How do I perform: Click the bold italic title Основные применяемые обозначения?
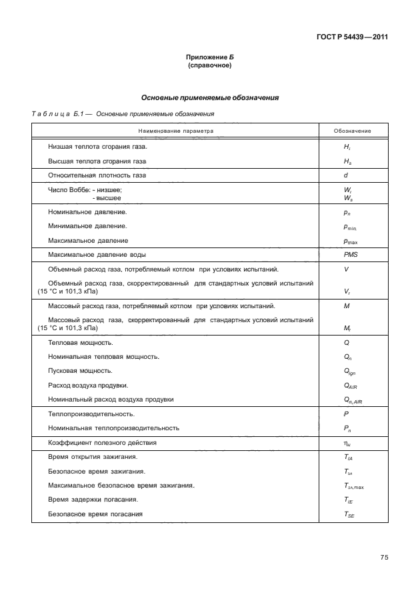tap(209, 97)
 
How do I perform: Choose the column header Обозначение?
tap(353, 131)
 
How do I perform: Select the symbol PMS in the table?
tap(349, 255)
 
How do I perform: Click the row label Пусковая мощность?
tap(80, 370)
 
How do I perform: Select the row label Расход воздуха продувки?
tap(88, 385)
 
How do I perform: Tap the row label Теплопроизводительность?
tap(87, 414)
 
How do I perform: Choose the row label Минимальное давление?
tap(87, 226)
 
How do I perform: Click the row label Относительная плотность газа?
tap(97, 175)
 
